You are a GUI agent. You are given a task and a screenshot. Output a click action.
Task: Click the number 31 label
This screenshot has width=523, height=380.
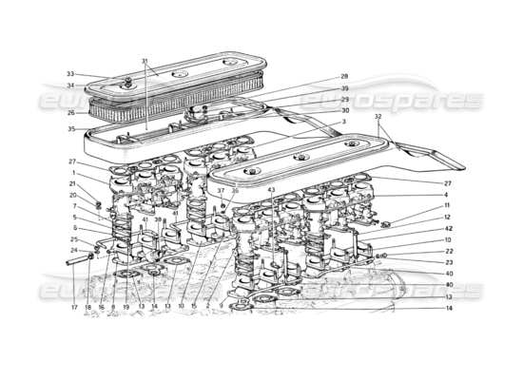coord(145,62)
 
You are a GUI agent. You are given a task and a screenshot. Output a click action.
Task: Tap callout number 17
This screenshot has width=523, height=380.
coord(73,307)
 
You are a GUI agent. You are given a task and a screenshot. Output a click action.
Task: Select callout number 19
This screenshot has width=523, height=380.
coord(126,307)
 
